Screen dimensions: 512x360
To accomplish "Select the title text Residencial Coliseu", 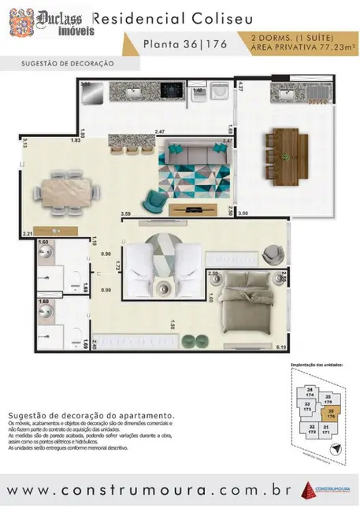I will (161, 18).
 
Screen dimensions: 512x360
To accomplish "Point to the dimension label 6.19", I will (281, 347).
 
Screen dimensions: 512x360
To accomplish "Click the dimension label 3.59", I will (125, 214).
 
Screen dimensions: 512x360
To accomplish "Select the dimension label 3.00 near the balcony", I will (243, 213).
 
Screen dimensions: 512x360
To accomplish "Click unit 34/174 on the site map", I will (310, 394).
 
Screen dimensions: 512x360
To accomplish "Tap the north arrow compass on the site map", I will (337, 447).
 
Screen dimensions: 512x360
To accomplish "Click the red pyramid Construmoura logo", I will (308, 489).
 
